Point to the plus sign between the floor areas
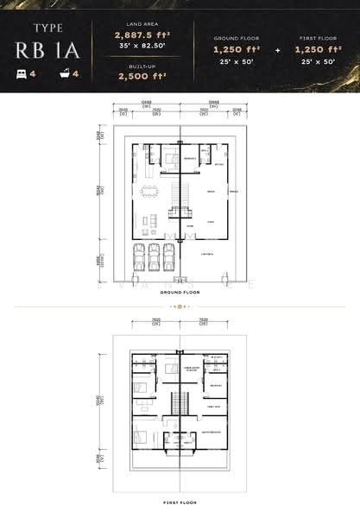(x=277, y=50)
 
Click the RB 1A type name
(x=48, y=49)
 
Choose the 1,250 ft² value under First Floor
(x=318, y=50)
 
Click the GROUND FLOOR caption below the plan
(x=180, y=293)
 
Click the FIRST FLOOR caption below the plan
(x=180, y=502)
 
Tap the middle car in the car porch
(x=154, y=256)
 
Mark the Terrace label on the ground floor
(x=233, y=191)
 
